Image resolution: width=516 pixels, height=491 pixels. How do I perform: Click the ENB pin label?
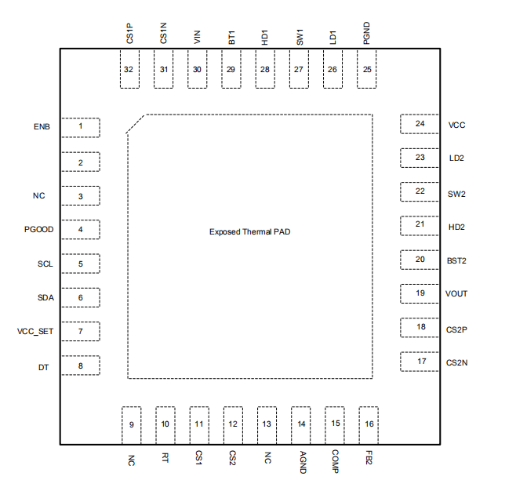(42, 126)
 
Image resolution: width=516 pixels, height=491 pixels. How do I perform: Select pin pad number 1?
(81, 127)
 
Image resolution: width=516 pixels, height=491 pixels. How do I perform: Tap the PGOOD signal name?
(38, 230)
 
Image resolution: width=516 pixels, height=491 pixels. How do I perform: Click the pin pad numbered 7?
(81, 332)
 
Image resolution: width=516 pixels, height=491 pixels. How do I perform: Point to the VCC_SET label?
(35, 332)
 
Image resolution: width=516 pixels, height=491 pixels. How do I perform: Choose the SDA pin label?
(45, 298)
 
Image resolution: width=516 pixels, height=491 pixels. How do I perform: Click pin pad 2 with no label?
(81, 162)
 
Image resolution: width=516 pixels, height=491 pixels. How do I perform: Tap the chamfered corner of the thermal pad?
(136, 124)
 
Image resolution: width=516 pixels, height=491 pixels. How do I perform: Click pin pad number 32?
(129, 70)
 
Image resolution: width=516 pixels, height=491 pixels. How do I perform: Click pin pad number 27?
(299, 70)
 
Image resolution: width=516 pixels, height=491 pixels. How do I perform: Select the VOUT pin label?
(456, 294)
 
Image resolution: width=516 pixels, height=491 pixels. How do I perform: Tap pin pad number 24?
(420, 125)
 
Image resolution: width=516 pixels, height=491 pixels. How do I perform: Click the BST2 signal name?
(457, 260)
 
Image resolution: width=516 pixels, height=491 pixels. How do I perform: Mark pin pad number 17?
(421, 362)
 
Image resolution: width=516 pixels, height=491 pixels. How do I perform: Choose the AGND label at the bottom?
(302, 460)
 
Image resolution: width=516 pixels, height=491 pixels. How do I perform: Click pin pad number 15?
(335, 424)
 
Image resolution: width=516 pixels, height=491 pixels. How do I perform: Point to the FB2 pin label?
(369, 457)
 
